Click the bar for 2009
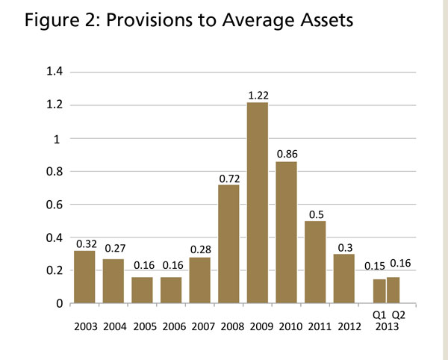pos(257,202)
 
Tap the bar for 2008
pos(228,243)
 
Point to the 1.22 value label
pos(257,96)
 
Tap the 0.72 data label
pos(228,178)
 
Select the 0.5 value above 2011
pos(315,214)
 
